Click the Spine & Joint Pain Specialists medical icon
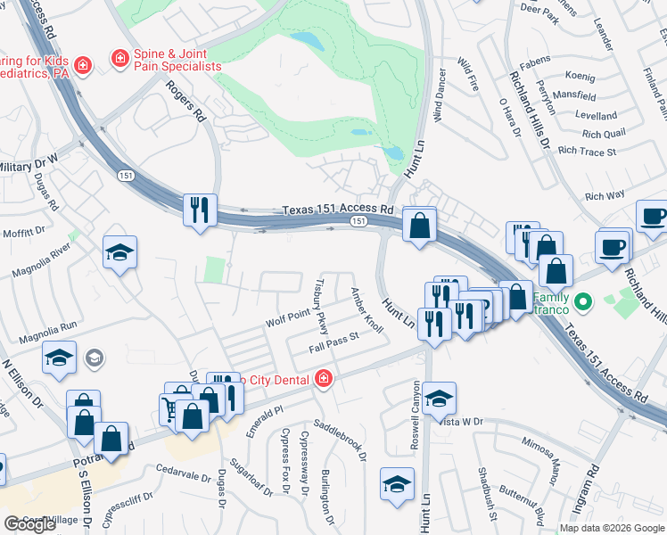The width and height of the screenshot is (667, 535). [119, 59]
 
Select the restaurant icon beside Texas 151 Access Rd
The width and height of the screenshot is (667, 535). [199, 210]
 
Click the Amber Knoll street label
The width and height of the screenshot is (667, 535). [367, 310]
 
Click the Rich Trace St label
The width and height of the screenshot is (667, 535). [586, 152]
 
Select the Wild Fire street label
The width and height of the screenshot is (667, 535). [468, 76]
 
